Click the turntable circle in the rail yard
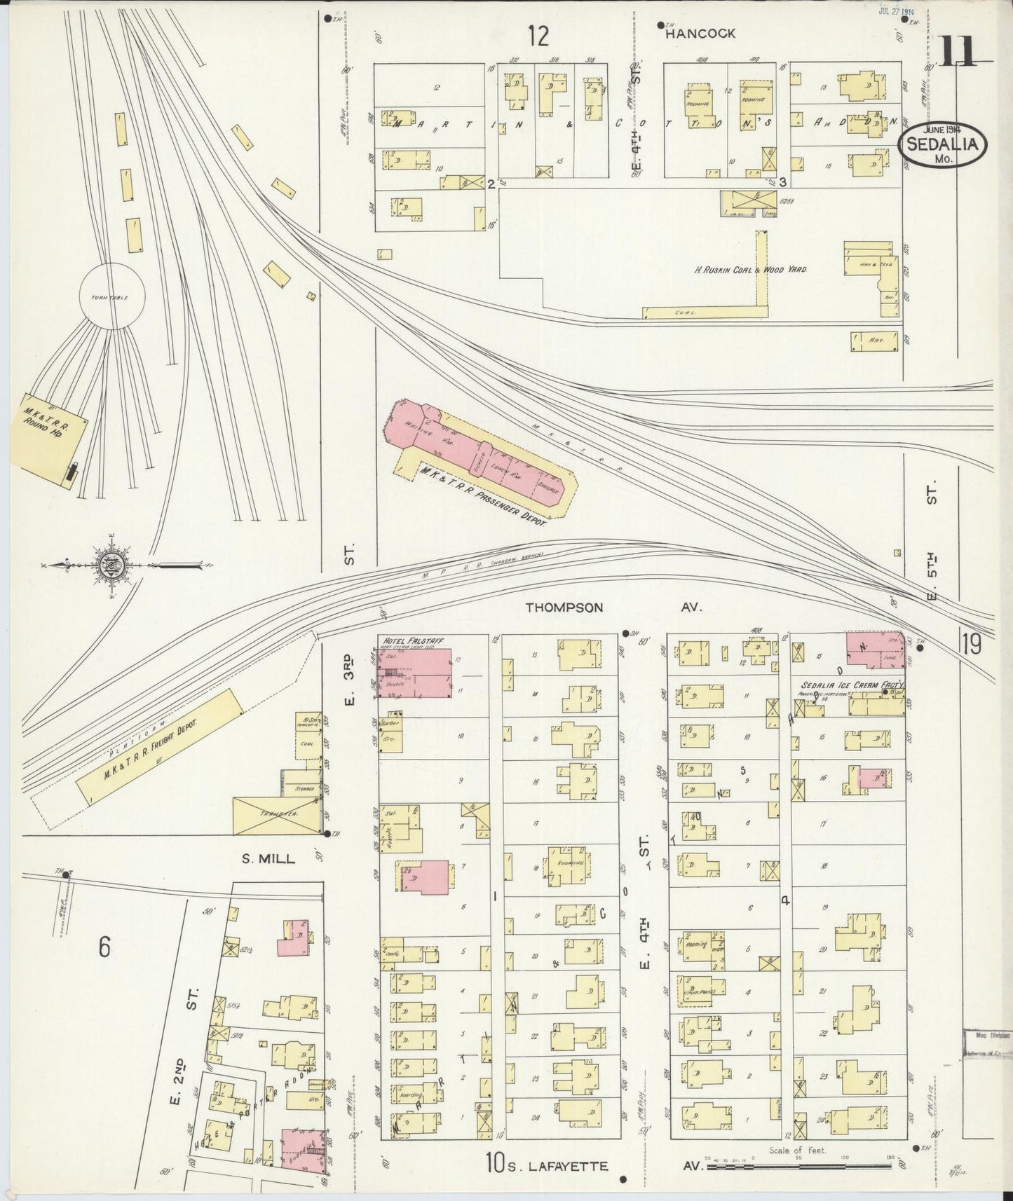(x=111, y=296)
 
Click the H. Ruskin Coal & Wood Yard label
(x=750, y=269)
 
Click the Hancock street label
(x=700, y=33)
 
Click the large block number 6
(x=104, y=947)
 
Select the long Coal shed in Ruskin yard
(x=701, y=312)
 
